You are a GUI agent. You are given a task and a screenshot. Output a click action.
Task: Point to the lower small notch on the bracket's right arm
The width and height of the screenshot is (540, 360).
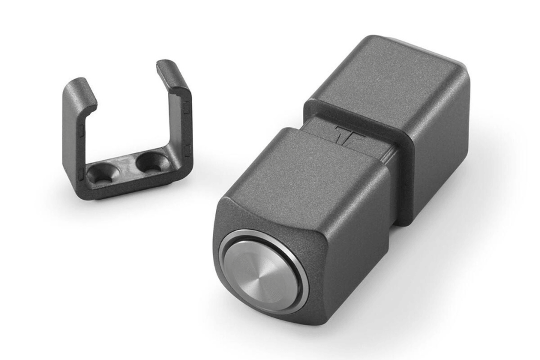[x=188, y=148]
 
